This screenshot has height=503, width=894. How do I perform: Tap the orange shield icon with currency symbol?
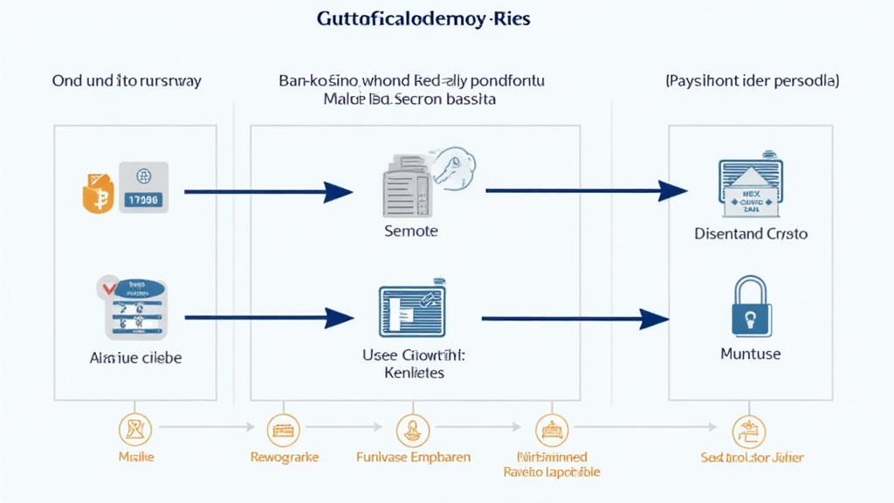98,190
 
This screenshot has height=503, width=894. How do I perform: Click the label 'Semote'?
411,231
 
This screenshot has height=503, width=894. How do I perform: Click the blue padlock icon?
750,307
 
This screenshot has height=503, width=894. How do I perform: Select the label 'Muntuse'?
750,354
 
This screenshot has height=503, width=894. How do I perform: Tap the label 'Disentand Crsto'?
750,233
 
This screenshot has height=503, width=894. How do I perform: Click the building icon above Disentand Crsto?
750,188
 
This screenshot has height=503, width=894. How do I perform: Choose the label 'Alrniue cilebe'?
135,358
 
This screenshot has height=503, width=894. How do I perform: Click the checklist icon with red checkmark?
135,308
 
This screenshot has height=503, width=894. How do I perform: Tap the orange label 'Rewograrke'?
284,457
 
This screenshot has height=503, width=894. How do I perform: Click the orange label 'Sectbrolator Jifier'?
752,457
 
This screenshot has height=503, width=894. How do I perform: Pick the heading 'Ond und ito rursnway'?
127,80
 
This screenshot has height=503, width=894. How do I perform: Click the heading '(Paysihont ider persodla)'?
752,80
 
